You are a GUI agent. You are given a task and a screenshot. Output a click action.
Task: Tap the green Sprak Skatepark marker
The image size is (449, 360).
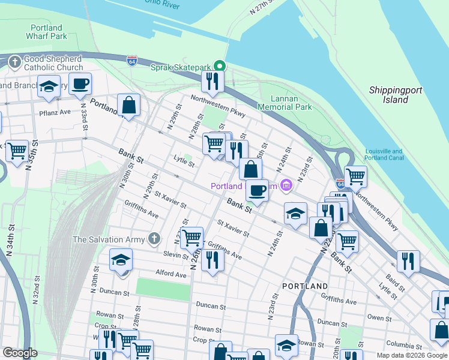point(220,66)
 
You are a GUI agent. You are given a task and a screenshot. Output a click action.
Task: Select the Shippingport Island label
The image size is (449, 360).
point(396,95)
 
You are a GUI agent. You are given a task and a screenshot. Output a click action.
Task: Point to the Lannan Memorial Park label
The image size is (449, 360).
point(285,102)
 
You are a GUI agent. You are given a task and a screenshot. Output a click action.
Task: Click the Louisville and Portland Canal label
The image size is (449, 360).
point(384,155)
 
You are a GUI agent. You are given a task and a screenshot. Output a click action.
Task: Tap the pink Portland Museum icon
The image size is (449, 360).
point(286,186)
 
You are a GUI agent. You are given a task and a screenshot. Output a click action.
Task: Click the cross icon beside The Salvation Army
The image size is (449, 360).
point(155,239)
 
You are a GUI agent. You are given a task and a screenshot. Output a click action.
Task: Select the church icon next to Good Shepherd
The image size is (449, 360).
point(14,61)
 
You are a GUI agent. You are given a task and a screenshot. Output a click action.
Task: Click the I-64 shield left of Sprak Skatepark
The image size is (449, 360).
point(132,61)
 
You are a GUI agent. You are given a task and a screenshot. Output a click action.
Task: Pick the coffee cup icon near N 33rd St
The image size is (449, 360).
point(80,83)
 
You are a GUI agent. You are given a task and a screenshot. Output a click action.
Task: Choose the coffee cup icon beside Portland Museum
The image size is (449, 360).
point(257,190)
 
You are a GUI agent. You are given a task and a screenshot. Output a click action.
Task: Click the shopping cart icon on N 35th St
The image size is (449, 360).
point(17,150)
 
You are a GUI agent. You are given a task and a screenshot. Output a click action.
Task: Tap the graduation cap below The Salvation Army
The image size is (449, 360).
point(121,260)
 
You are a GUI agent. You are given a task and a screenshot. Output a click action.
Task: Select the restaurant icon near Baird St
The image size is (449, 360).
point(408,261)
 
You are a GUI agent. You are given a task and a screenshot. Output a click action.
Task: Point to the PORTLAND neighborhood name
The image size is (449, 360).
point(306,286)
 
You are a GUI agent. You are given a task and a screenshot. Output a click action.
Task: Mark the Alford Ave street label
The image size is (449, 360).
point(171,274)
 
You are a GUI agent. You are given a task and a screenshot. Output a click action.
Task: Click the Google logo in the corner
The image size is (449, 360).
point(20,353)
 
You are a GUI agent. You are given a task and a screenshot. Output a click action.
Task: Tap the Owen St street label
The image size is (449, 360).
point(379,317)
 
